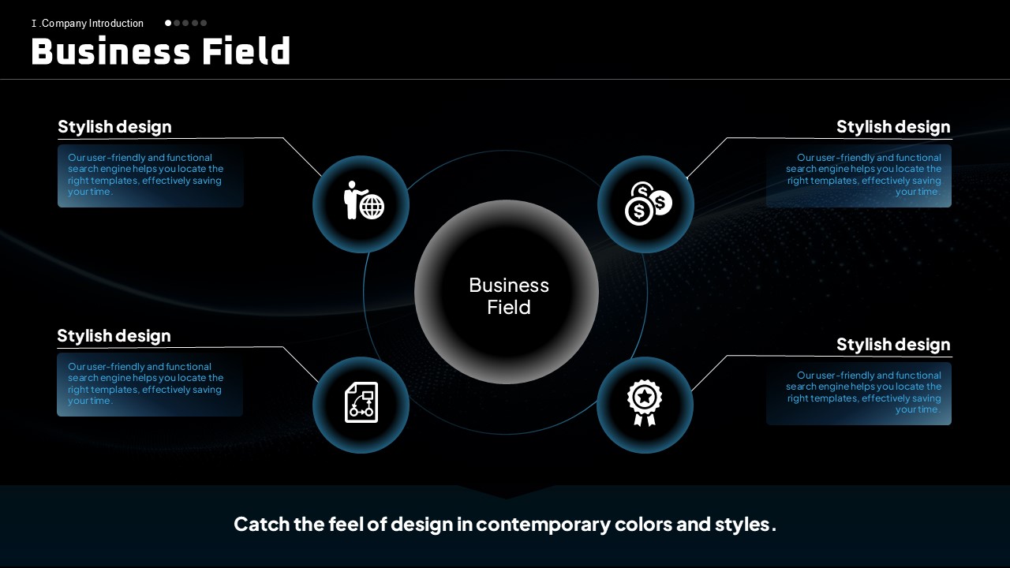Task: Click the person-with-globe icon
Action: [x=364, y=200]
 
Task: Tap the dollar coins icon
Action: [x=648, y=204]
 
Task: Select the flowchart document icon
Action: [x=361, y=402]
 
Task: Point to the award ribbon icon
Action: [x=645, y=402]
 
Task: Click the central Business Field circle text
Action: [x=509, y=296]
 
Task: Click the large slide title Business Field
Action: [x=160, y=51]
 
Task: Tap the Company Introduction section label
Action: [x=88, y=24]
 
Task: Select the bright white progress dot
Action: [x=168, y=23]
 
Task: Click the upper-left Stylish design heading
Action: [x=114, y=127]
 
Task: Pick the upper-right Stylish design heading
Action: [x=893, y=127]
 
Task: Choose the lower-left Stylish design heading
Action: [x=114, y=336]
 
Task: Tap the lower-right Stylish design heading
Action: [x=893, y=345]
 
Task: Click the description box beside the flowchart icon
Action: [x=150, y=384]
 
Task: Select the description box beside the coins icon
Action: [x=858, y=176]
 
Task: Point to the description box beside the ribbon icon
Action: [x=858, y=394]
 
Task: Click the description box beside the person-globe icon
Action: [x=151, y=176]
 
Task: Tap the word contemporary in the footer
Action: [x=542, y=525]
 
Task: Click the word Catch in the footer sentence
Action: [x=261, y=525]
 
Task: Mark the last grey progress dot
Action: [x=204, y=23]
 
